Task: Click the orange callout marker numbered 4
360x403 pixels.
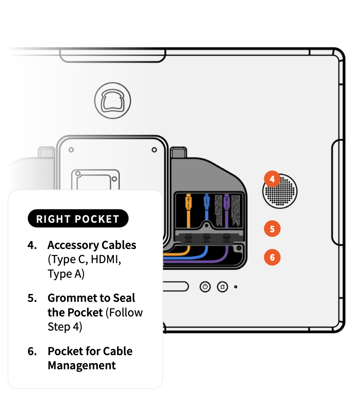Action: click(272, 179)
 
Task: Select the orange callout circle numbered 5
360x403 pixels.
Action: click(272, 229)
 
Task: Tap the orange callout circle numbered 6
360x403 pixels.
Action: click(272, 257)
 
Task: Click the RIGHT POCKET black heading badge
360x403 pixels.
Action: click(78, 219)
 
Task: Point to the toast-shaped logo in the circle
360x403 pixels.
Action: click(112, 100)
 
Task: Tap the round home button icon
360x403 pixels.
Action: click(222, 287)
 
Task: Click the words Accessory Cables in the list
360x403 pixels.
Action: click(92, 245)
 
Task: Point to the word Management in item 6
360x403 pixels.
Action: click(82, 366)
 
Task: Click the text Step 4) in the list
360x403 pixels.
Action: click(65, 327)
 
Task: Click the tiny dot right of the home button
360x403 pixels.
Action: click(235, 287)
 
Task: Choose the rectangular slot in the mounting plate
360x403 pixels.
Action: click(96, 179)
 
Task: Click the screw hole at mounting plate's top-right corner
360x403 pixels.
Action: click(154, 149)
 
